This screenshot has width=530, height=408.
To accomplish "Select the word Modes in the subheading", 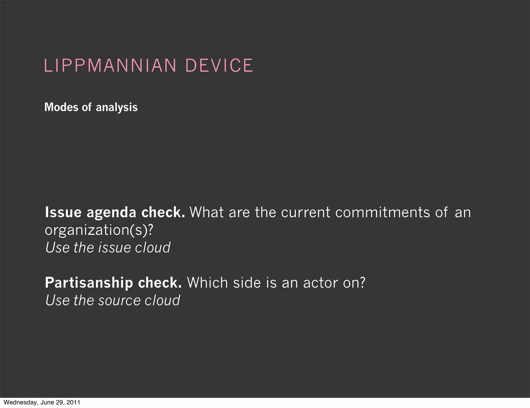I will [x=61, y=107].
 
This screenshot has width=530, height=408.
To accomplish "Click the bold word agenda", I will [x=112, y=213].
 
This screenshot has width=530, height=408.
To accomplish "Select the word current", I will [x=306, y=213].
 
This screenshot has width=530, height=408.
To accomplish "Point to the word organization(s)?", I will [x=99, y=230].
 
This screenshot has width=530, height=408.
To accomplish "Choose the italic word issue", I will [x=114, y=247].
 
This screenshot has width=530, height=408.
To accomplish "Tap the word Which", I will [x=208, y=282].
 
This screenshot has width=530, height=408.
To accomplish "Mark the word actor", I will [x=320, y=283].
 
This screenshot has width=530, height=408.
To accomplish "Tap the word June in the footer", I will [x=47, y=402].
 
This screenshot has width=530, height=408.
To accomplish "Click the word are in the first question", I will [x=239, y=213].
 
